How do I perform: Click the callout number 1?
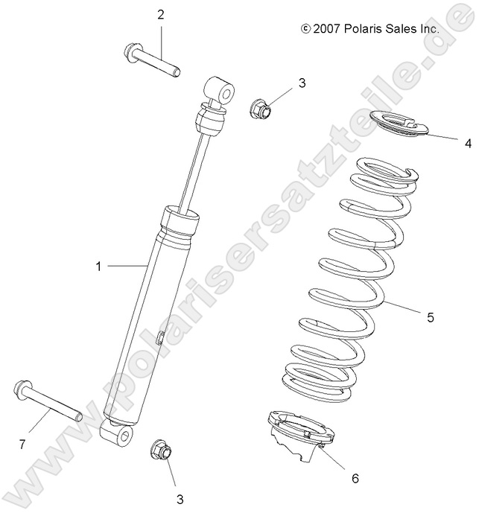point(98,265)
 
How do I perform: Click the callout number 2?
point(159,14)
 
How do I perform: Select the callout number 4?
point(447,141)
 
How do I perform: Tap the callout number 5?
point(430,317)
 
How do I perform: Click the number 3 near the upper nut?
point(302,83)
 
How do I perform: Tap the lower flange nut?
point(161,450)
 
